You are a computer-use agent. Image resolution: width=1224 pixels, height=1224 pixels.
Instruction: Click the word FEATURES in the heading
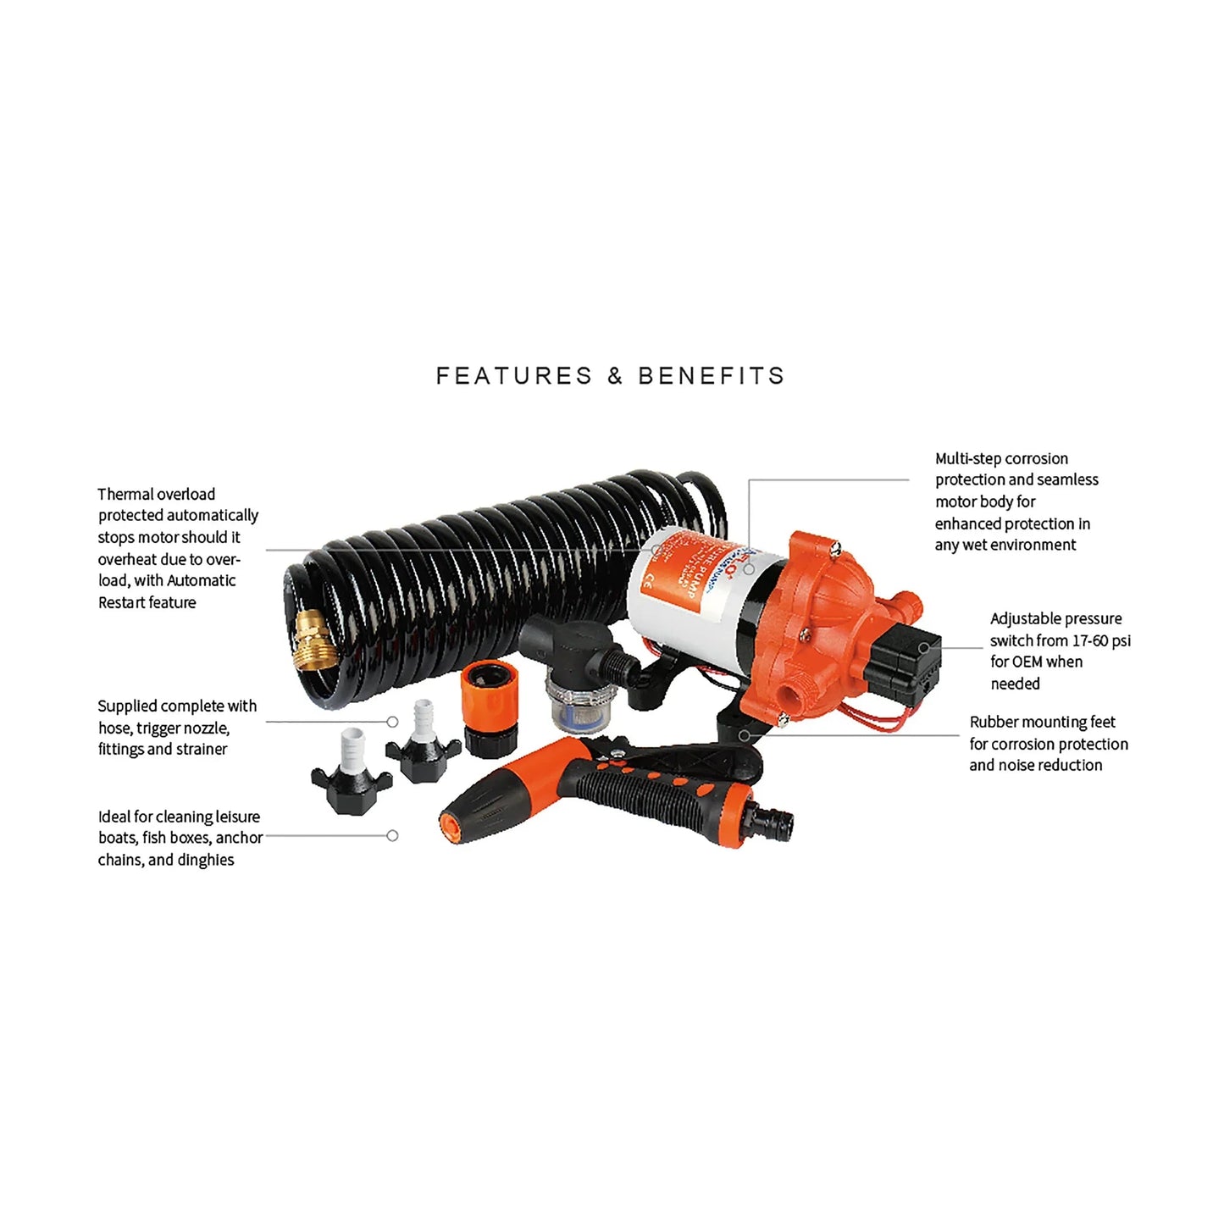(513, 376)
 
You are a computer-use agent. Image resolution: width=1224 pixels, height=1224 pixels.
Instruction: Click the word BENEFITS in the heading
(712, 376)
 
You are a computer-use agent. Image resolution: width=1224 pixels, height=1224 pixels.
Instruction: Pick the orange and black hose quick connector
(489, 710)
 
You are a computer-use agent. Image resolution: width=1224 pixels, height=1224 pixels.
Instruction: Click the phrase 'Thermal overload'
(157, 494)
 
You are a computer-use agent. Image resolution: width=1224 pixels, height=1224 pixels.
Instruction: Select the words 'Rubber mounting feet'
(1042, 722)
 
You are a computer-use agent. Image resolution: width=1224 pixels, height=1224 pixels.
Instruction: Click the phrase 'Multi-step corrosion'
(1001, 458)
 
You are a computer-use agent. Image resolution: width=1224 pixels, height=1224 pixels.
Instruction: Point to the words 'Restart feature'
(147, 602)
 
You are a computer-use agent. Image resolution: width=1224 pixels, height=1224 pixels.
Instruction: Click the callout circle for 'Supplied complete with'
(392, 722)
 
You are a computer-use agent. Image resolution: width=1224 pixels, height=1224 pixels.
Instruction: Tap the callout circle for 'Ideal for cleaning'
(392, 835)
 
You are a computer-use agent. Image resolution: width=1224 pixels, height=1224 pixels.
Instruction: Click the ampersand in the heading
(615, 376)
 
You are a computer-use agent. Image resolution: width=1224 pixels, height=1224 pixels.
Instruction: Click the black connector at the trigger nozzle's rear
(776, 820)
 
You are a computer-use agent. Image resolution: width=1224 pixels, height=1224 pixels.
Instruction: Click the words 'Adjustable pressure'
(1055, 618)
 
